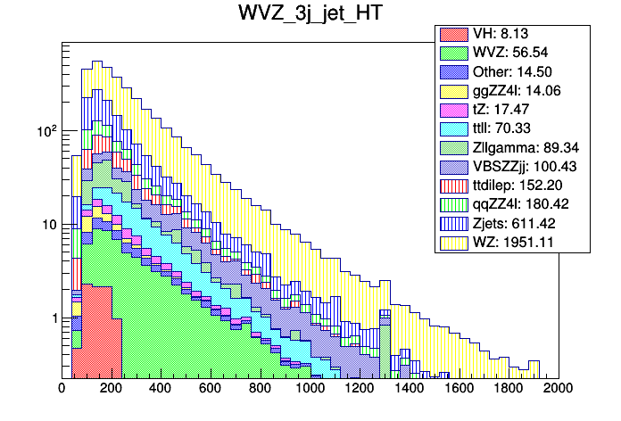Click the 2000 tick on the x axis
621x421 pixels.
[559, 389]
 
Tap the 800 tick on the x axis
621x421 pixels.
[261, 389]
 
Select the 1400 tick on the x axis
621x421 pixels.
[410, 389]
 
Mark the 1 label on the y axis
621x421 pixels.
[53, 318]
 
